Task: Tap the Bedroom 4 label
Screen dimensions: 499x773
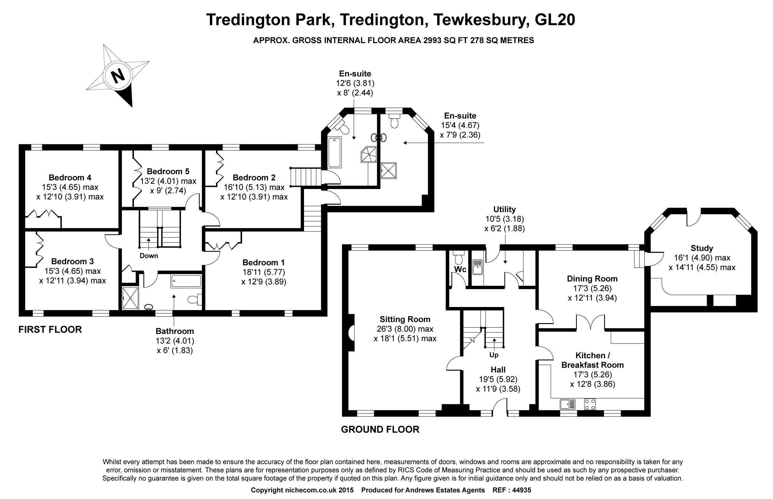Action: pos(70,178)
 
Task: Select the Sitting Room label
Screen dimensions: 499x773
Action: pos(405,319)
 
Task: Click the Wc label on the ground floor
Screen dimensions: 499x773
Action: pos(460,269)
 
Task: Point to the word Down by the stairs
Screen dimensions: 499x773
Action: pos(149,256)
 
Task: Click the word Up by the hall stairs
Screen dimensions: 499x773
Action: pos(494,355)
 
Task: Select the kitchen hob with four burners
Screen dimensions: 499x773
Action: pos(590,404)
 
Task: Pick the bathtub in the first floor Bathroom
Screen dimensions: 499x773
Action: pos(186,281)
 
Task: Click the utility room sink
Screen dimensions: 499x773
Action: pos(477,267)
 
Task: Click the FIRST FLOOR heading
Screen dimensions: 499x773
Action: pos(50,330)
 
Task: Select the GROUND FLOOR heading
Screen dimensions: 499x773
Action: pos(380,430)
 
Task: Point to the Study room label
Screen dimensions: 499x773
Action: pos(702,248)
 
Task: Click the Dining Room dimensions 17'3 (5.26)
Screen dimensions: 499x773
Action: pos(592,288)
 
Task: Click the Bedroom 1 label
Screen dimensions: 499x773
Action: pos(263,263)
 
